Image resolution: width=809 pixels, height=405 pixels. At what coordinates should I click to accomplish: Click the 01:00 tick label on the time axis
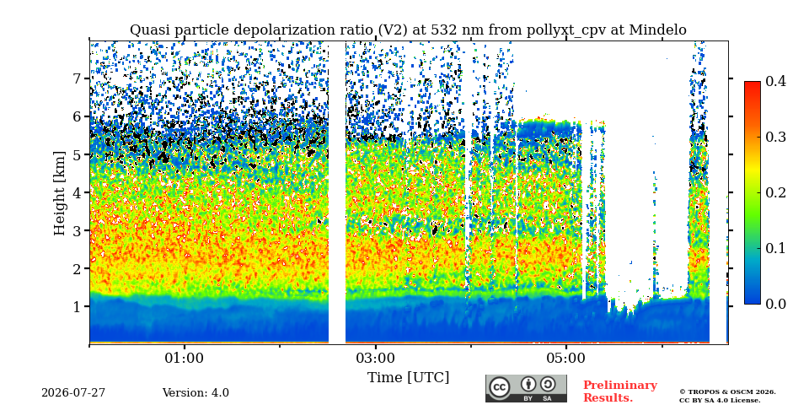[x=185, y=358]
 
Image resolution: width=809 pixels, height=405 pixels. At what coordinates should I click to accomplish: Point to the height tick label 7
[x=79, y=78]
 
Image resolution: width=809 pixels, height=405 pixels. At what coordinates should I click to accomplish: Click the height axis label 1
[x=79, y=307]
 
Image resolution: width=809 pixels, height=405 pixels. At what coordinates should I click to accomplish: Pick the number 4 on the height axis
[x=79, y=192]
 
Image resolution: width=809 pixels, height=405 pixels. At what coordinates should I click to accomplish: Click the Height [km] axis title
[x=61, y=193]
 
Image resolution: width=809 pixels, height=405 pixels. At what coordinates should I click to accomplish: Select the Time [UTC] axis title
[x=408, y=378]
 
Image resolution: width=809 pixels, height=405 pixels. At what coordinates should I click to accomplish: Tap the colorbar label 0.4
[x=775, y=81]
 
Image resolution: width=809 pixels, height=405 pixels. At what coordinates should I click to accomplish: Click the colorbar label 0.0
[x=775, y=304]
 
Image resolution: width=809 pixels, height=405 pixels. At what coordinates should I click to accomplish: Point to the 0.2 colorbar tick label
[x=775, y=192]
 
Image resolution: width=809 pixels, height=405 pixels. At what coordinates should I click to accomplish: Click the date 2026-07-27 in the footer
[x=73, y=393]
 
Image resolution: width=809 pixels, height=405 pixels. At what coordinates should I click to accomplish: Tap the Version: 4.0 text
[x=196, y=393]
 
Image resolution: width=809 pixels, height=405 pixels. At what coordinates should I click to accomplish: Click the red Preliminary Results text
[x=620, y=391]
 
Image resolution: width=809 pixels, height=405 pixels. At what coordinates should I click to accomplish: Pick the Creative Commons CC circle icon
[x=499, y=388]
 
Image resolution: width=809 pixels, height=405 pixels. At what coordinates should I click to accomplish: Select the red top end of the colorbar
[x=753, y=84]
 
